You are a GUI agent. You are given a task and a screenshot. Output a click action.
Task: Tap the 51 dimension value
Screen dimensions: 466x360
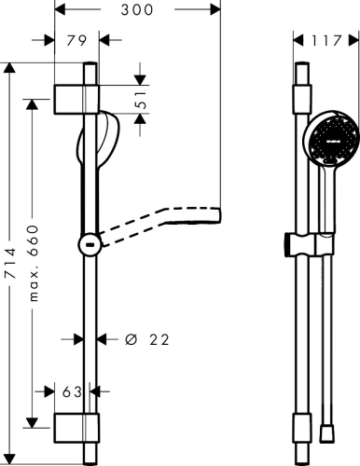(143, 100)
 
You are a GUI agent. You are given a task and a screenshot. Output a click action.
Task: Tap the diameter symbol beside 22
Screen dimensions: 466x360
(132, 340)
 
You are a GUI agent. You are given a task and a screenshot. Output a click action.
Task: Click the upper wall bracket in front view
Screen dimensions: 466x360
(76, 97)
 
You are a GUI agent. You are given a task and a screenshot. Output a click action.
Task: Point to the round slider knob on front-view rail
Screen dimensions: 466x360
(89, 244)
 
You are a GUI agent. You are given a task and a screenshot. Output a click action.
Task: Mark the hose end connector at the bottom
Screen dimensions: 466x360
(325, 433)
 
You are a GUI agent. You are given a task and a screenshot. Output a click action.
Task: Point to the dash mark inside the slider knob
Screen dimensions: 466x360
(88, 245)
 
